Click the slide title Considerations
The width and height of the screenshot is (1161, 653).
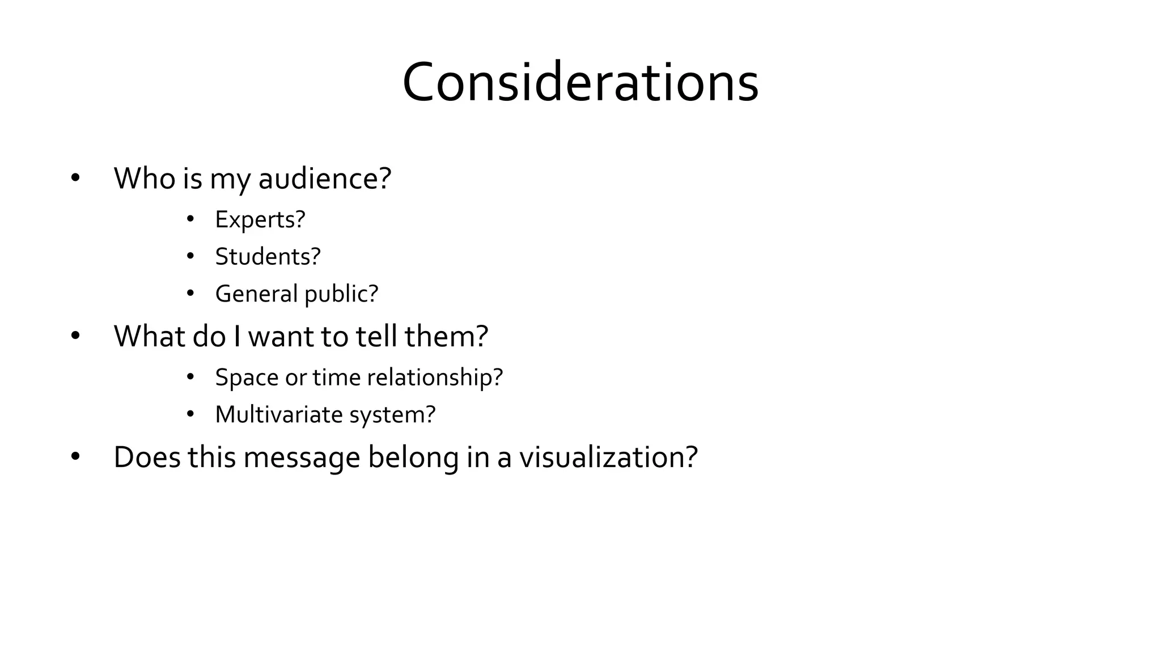click(x=580, y=83)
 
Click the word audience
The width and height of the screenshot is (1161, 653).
click(x=324, y=178)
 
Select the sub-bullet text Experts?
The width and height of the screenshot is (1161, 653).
click(x=260, y=219)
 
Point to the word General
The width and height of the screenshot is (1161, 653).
click(x=256, y=294)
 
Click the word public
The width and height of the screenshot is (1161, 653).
click(x=341, y=294)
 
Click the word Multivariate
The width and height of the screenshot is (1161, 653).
click(x=279, y=414)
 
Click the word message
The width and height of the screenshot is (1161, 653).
click(x=302, y=458)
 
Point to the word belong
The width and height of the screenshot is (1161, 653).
click(x=413, y=458)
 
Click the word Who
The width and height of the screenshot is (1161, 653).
click(x=145, y=178)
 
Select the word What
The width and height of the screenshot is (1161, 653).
click(x=150, y=336)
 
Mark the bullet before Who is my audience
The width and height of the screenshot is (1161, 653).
click(x=76, y=179)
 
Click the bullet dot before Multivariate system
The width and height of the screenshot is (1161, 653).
click(x=190, y=415)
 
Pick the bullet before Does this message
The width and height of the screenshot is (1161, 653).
click(x=76, y=457)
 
